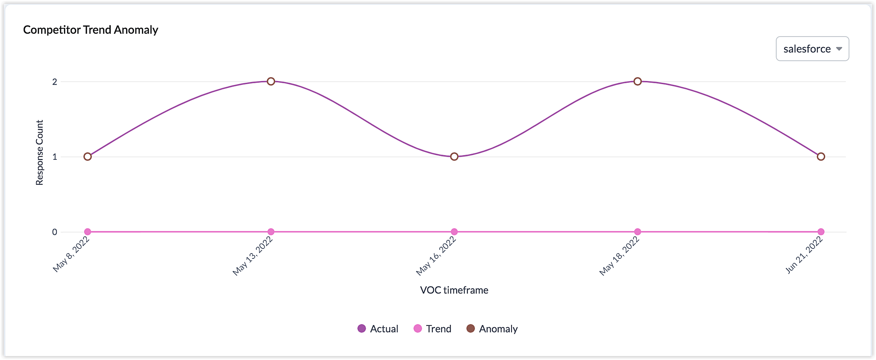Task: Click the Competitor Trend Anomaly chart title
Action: [x=91, y=30]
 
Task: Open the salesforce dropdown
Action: [x=812, y=49]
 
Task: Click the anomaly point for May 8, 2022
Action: [x=88, y=157]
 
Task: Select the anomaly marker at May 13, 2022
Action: [x=271, y=81]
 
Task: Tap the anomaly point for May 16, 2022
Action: [x=454, y=157]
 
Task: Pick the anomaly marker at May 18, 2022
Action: [x=638, y=81]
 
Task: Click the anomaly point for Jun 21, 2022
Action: [x=821, y=157]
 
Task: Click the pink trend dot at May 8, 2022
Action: [x=88, y=232]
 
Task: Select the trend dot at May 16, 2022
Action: [x=454, y=232]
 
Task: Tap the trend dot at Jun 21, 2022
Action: [x=821, y=232]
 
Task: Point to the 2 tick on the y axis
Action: [x=55, y=82]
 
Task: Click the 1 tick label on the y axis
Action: [x=55, y=157]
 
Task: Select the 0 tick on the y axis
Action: [x=55, y=232]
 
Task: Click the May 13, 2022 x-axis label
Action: [x=253, y=256]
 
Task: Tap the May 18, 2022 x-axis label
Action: [x=619, y=256]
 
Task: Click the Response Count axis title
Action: [x=39, y=152]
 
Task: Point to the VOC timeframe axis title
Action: [x=454, y=290]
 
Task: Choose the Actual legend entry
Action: [x=378, y=329]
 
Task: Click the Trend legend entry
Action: [x=432, y=329]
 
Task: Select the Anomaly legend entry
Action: [x=492, y=329]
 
